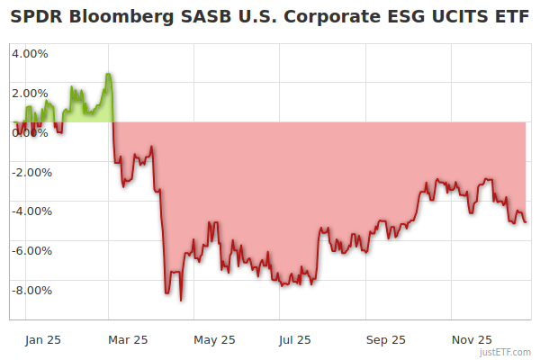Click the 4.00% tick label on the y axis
(30, 53)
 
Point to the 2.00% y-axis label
(30, 93)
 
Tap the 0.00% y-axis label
(30, 132)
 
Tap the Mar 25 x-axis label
(127, 340)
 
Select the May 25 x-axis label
(214, 340)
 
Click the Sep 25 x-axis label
(385, 340)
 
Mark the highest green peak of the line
(108, 74)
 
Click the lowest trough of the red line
(181, 300)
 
